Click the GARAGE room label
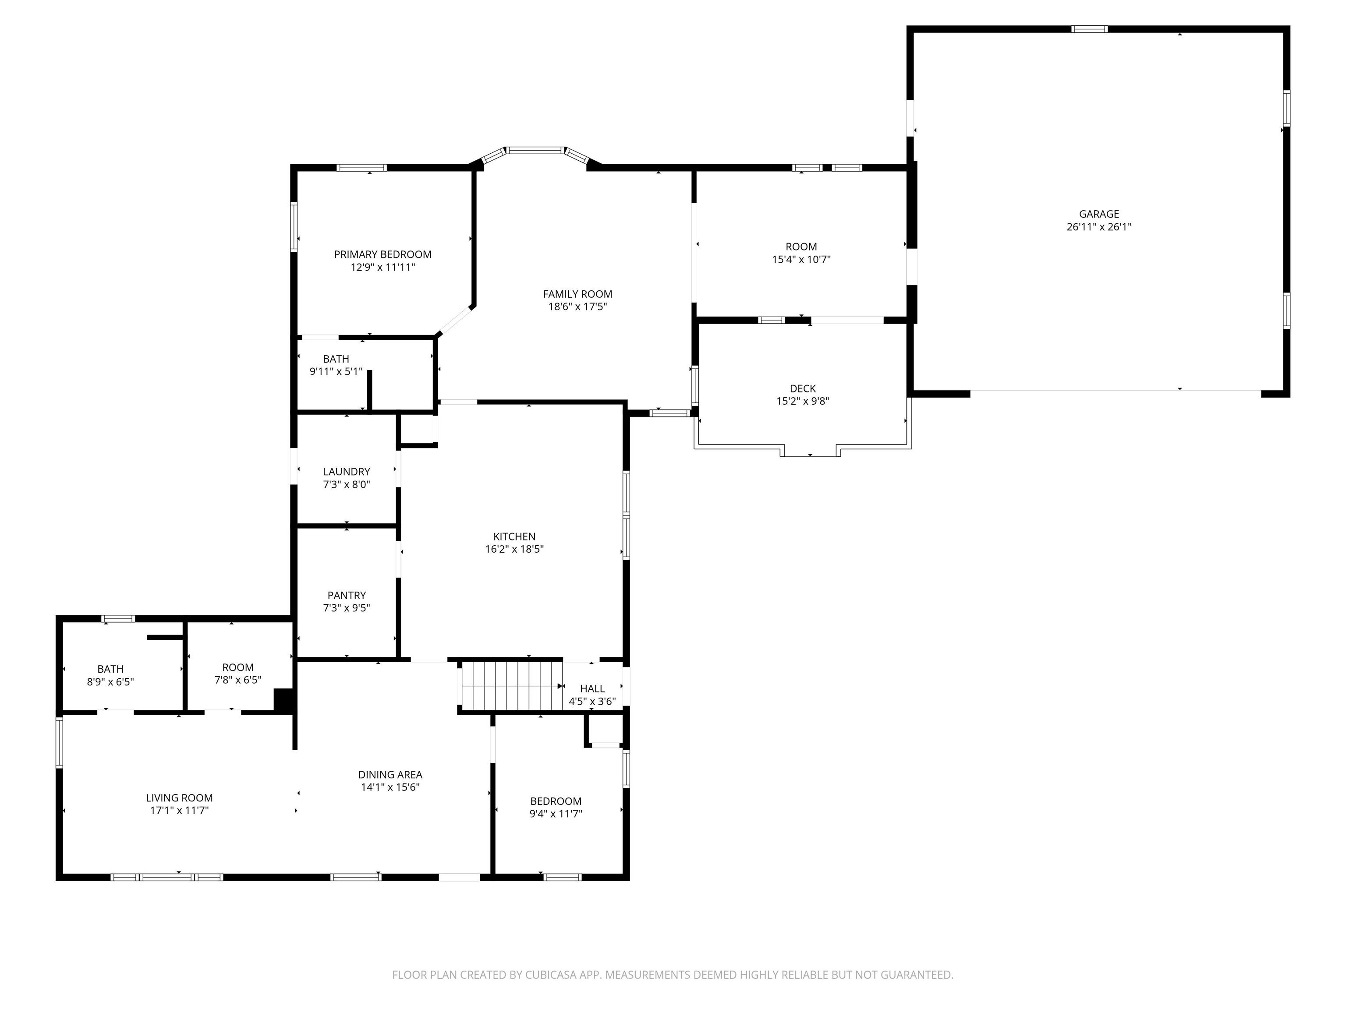[1098, 214]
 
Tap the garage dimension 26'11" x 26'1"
[1098, 227]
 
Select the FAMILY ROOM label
[577, 294]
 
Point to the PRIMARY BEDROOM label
[383, 254]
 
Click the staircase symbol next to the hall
[510, 686]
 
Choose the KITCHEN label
[514, 536]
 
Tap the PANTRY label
[346, 596]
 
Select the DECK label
[803, 388]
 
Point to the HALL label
[592, 688]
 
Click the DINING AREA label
[390, 775]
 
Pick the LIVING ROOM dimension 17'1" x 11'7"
[180, 811]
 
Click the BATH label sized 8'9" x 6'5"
[110, 669]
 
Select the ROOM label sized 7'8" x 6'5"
[237, 667]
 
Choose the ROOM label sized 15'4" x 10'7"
[801, 247]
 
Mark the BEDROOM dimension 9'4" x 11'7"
[556, 814]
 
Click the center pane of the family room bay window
[535, 150]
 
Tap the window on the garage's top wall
[1089, 28]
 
